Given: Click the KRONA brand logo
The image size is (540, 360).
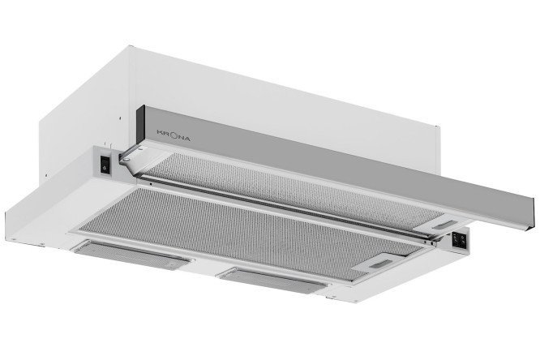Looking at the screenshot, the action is pyautogui.click(x=174, y=135).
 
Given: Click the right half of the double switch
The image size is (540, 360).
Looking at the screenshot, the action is pyautogui.click(x=463, y=242).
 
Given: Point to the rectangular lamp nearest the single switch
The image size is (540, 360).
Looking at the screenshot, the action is pyautogui.click(x=131, y=253).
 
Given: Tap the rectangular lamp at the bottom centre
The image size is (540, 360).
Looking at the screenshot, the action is pyautogui.click(x=272, y=280).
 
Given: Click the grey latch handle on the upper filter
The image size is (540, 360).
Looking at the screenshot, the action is pyautogui.click(x=443, y=225).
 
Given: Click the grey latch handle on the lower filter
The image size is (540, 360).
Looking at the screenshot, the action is pyautogui.click(x=380, y=264).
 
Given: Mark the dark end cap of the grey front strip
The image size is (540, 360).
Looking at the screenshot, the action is pyautogui.click(x=140, y=125).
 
